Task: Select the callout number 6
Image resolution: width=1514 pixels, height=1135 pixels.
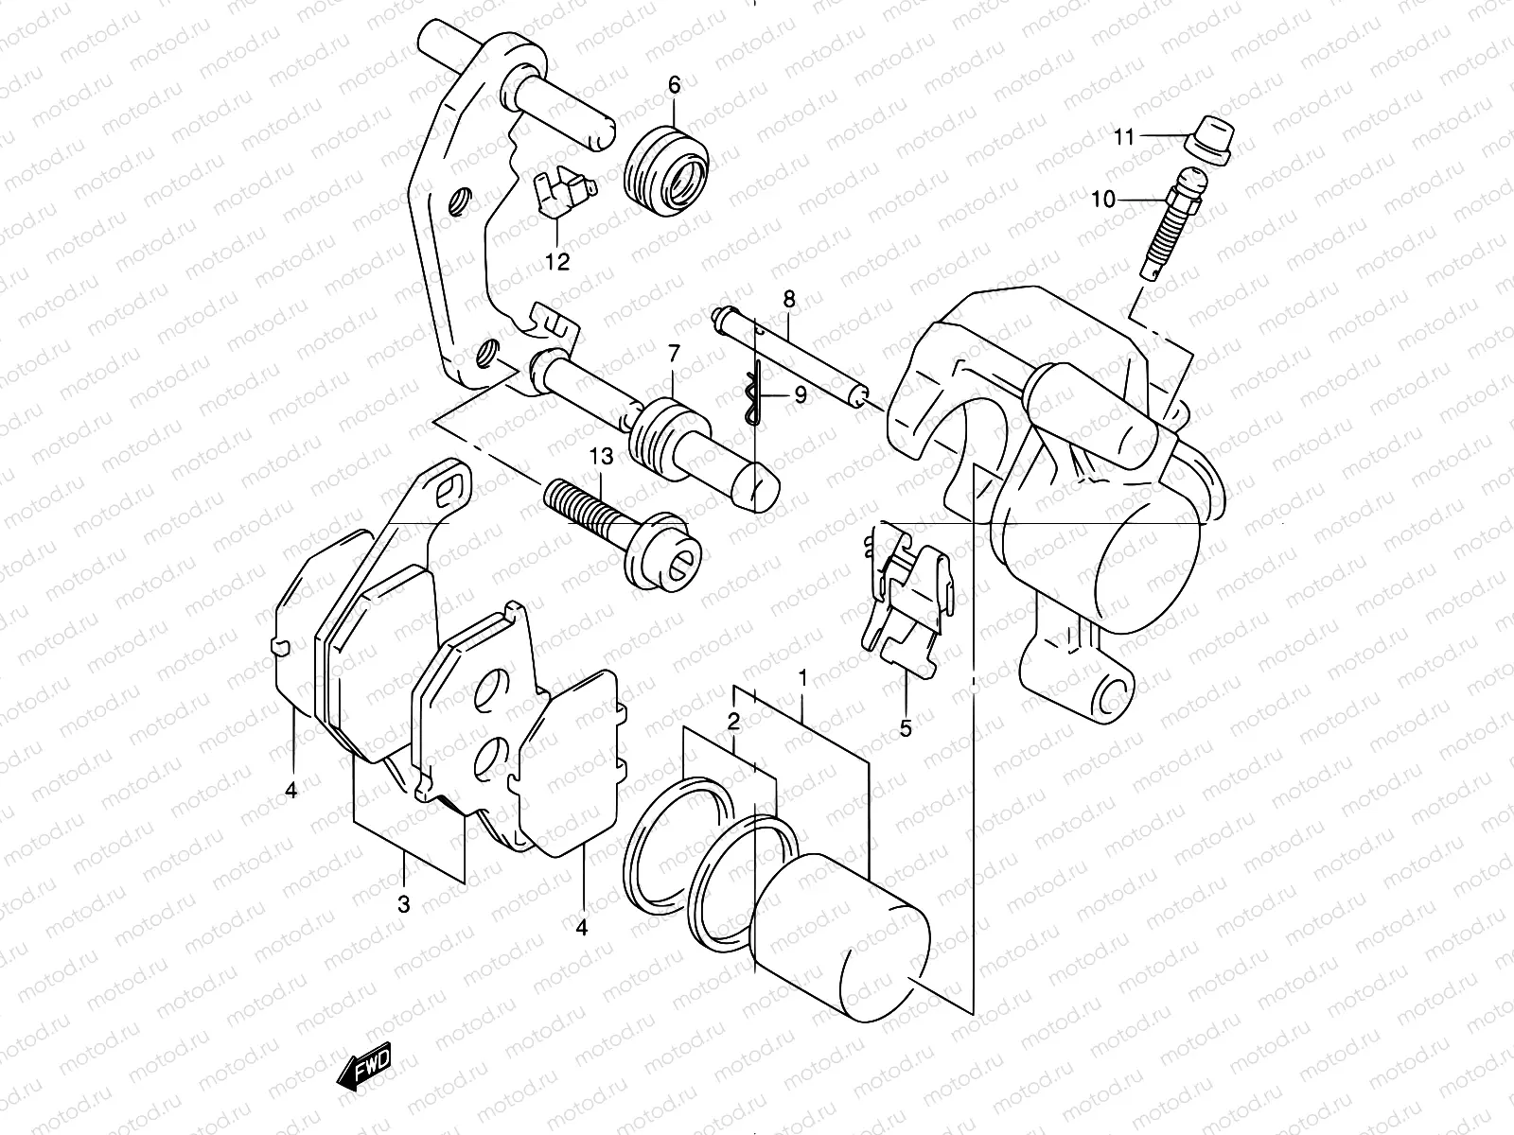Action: [x=674, y=85]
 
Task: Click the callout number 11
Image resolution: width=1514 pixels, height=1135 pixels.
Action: [x=1123, y=138]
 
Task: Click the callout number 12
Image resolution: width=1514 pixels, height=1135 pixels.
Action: [x=557, y=262]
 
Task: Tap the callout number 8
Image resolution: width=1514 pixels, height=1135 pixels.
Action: [x=788, y=300]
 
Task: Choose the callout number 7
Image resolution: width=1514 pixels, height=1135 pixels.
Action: [x=674, y=355]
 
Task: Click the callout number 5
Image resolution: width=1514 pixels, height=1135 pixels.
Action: [x=906, y=728]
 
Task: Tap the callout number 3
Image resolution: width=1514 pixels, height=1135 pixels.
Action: [x=404, y=904]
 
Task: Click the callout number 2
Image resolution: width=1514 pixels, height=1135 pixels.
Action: [x=733, y=722]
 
